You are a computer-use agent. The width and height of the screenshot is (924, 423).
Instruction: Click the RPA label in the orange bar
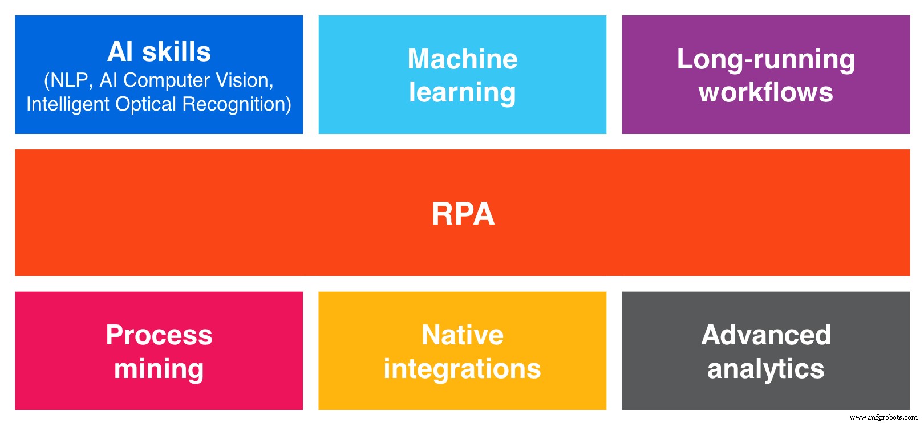coord(463,214)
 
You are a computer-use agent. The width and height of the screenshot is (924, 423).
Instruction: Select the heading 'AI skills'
coord(159,52)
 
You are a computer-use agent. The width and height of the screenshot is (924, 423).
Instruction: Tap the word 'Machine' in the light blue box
coord(463,59)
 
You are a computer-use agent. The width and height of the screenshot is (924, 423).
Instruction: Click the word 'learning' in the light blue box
coord(463,93)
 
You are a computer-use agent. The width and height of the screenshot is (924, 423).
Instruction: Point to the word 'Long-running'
coord(765,59)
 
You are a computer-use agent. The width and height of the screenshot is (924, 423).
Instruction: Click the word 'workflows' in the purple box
coord(765,92)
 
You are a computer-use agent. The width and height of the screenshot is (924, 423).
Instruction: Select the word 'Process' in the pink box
coord(159,335)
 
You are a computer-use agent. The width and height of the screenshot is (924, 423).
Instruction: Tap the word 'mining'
coord(159,369)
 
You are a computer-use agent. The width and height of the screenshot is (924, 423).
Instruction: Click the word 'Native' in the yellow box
coord(463,335)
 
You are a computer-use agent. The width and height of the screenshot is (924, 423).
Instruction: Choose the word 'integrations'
coord(463,369)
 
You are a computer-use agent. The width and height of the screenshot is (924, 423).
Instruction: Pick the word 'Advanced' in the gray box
coord(765,335)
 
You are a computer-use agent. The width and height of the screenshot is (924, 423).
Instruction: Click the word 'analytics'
coord(765,369)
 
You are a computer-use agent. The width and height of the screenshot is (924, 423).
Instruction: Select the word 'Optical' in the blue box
coord(146,104)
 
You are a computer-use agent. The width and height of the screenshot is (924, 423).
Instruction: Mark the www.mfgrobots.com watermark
coord(883,417)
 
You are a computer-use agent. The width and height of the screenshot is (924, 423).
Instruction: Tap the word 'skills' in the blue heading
coord(176,52)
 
